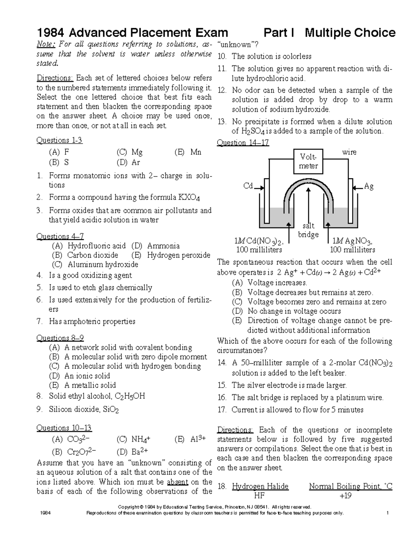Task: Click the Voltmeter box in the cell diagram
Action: click(308, 161)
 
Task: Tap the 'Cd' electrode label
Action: click(248, 186)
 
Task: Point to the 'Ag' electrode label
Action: click(369, 186)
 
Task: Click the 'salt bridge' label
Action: click(308, 230)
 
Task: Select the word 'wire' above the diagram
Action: click(349, 152)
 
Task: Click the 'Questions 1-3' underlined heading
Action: click(59, 140)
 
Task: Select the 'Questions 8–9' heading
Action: click(60, 338)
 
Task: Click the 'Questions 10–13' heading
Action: click(64, 428)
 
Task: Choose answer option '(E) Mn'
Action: click(188, 152)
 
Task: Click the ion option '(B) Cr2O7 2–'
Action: click(74, 452)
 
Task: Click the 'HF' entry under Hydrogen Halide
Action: click(260, 496)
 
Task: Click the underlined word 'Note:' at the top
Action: click(46, 45)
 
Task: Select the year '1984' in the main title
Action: click(50, 33)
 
